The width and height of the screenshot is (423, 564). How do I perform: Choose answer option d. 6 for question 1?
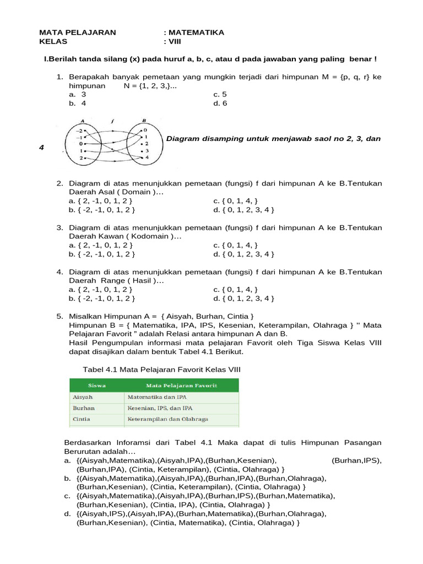pyautogui.click(x=220, y=103)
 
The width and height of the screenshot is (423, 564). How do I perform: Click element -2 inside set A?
pyautogui.click(x=79, y=130)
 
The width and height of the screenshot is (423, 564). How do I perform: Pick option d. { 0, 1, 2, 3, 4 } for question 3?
pyautogui.click(x=243, y=254)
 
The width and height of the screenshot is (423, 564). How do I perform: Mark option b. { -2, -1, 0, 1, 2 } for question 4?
pyautogui.click(x=102, y=299)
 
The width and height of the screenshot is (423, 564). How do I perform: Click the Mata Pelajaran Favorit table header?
pyautogui.click(x=181, y=386)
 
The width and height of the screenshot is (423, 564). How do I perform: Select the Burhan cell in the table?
pyautogui.click(x=83, y=408)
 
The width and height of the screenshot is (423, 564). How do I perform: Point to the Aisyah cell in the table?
pyautogui.click(x=83, y=397)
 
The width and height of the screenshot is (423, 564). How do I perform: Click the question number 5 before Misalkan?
pyautogui.click(x=59, y=316)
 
